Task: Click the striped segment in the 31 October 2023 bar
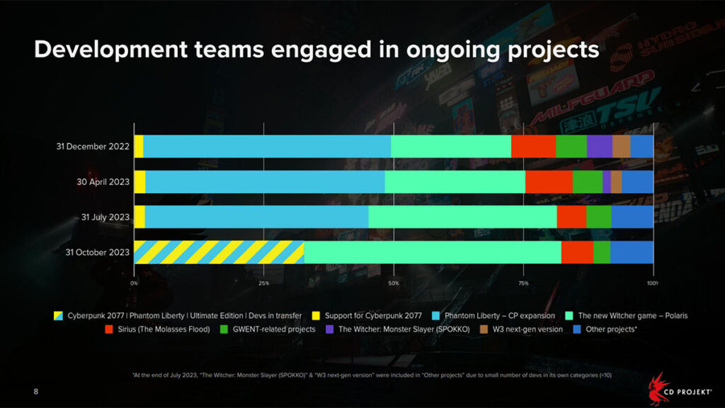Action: (x=219, y=252)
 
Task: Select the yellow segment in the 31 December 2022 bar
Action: (x=139, y=146)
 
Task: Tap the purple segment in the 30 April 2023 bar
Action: (x=607, y=181)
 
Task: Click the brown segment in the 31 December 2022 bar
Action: (x=621, y=146)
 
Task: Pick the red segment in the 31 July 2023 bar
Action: (x=571, y=217)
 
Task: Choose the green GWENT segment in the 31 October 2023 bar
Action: (x=601, y=252)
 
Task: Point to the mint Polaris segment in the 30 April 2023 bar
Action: (x=455, y=181)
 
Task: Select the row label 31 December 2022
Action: (x=93, y=147)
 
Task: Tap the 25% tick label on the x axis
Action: (x=263, y=283)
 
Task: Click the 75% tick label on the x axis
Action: (x=523, y=283)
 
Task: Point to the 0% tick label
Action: (x=135, y=283)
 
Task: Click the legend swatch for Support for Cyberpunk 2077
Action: (x=319, y=315)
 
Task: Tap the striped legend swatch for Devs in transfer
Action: (x=60, y=315)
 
